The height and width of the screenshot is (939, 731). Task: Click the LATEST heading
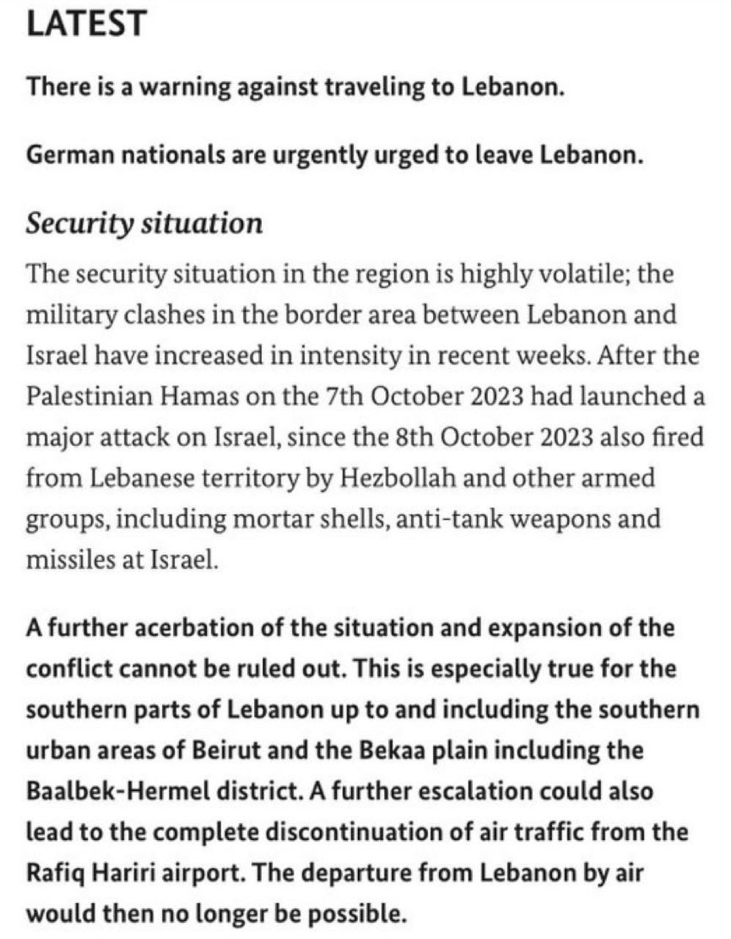click(87, 23)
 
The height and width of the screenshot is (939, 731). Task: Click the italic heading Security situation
click(144, 223)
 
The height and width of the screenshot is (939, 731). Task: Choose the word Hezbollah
click(397, 478)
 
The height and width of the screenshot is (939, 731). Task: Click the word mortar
click(266, 519)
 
